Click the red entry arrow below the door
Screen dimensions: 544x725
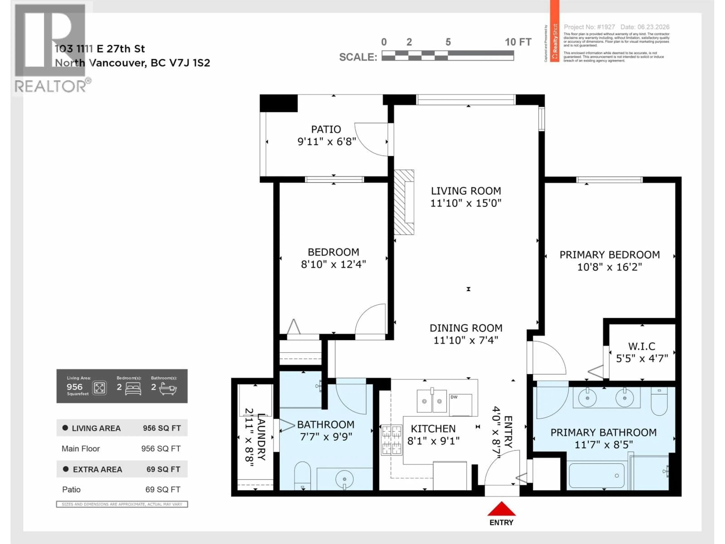(x=501, y=509)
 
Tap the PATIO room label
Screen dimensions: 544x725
(x=326, y=129)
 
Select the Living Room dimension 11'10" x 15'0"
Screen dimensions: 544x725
(x=466, y=203)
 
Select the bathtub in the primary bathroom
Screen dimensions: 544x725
(x=596, y=475)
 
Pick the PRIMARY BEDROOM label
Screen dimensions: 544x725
(x=610, y=255)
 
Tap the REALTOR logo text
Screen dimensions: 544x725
(x=51, y=86)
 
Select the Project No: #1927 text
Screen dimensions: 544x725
(x=589, y=27)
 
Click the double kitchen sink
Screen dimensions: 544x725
(x=431, y=401)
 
